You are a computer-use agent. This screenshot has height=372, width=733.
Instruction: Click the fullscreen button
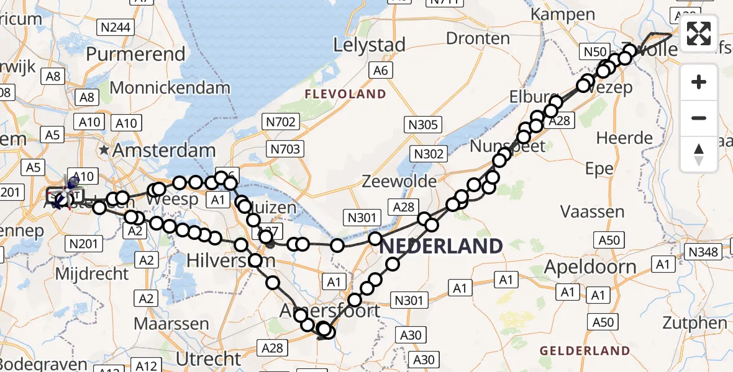coord(699,33)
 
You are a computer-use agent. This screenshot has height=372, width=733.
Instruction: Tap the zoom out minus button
coord(699,118)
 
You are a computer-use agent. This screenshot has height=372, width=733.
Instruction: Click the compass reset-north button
coord(699,154)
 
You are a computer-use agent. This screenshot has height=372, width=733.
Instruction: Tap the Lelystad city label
coord(369,45)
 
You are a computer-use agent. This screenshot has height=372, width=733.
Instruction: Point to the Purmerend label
coord(135,53)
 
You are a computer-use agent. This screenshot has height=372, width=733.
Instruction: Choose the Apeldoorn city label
coord(590,267)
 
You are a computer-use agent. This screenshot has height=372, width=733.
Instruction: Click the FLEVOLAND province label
coord(345,94)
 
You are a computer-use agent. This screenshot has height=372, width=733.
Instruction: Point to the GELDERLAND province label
coord(585,351)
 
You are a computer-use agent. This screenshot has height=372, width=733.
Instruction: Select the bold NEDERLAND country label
coord(440,246)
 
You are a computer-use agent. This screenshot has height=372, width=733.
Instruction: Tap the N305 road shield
coord(424,125)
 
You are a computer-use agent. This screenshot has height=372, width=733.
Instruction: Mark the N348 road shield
coord(703,251)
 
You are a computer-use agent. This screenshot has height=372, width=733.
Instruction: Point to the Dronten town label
coord(478,38)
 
